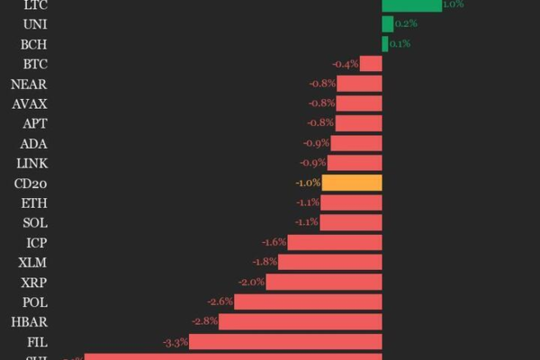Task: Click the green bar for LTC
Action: pyautogui.click(x=411, y=4)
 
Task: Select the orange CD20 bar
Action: pyautogui.click(x=352, y=183)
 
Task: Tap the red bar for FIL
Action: pyautogui.click(x=285, y=342)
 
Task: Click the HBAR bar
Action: pyautogui.click(x=301, y=321)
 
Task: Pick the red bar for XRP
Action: pyautogui.click(x=324, y=282)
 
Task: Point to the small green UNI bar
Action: pyautogui.click(x=387, y=23)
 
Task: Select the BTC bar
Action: pyautogui.click(x=372, y=64)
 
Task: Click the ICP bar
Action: pyautogui.click(x=335, y=242)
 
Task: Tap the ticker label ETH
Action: pyautogui.click(x=34, y=202)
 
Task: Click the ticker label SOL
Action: pyautogui.click(x=34, y=222)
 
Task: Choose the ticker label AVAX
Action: pyautogui.click(x=30, y=103)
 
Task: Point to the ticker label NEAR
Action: pyautogui.click(x=29, y=84)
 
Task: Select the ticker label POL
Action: pyautogui.click(x=34, y=301)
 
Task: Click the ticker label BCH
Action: pyautogui.click(x=34, y=44)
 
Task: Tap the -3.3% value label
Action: pyautogui.click(x=175, y=342)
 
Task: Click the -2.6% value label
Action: pyautogui.click(x=220, y=301)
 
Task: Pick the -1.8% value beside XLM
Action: pyautogui.click(x=265, y=262)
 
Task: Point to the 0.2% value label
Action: pyautogui.click(x=406, y=23)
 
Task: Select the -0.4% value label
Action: pyautogui.click(x=345, y=64)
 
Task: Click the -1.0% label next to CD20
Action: pyautogui.click(x=307, y=183)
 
